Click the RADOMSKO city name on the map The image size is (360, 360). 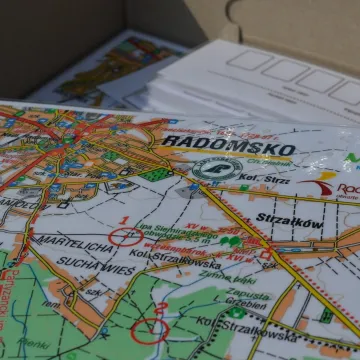[228, 147]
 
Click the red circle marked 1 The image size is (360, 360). [125, 237]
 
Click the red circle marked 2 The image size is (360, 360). [150, 327]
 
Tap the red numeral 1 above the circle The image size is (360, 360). [122, 219]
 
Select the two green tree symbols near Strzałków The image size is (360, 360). [231, 241]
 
